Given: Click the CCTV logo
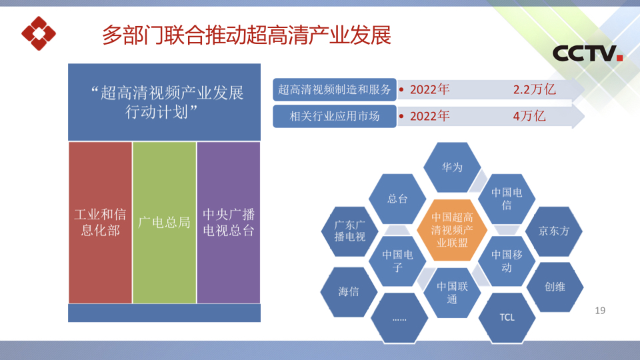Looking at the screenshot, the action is click(x=587, y=53).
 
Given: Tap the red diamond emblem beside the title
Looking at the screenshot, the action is click(x=39, y=33).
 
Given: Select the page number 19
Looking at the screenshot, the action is click(x=600, y=311).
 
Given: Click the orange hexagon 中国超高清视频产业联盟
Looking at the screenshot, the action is click(x=452, y=230).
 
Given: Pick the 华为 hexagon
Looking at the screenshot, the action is click(x=452, y=167).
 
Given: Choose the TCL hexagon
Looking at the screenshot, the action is click(x=507, y=317).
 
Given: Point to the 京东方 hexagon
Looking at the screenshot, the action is click(x=554, y=231).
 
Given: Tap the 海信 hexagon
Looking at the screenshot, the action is click(x=349, y=291).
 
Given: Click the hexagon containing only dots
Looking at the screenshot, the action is click(x=399, y=319).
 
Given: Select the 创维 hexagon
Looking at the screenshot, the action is click(x=555, y=287).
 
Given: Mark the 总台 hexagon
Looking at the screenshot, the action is click(x=397, y=199).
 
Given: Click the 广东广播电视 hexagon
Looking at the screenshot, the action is click(x=350, y=231).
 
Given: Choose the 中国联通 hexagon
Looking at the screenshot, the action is click(x=452, y=293).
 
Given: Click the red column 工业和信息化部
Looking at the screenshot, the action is click(x=101, y=223).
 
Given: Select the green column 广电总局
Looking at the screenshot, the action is click(x=164, y=223).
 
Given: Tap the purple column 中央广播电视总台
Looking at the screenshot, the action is click(x=229, y=223).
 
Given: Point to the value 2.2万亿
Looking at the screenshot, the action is click(x=534, y=89).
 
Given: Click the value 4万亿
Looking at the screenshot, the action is click(x=529, y=116).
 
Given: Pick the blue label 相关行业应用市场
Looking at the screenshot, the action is click(x=334, y=116).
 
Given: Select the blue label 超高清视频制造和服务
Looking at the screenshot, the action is click(x=334, y=89).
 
